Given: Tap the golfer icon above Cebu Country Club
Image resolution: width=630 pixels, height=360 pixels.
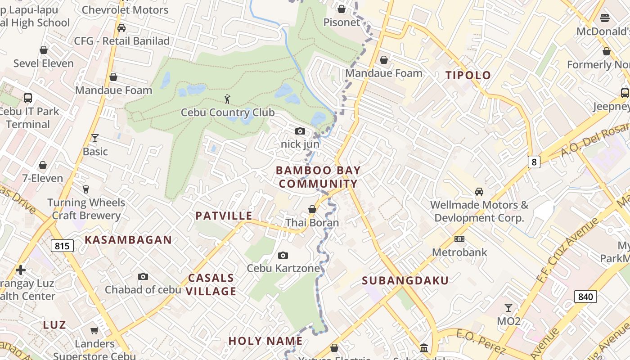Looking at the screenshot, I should point(227,99).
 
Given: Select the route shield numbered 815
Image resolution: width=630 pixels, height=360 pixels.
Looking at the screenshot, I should point(62,246).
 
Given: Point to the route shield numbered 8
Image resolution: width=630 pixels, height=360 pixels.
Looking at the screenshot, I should point(534,162).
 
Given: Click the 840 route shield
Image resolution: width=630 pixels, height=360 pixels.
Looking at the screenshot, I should point(585,296).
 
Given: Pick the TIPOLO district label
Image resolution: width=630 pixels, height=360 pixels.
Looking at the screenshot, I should point(468,75).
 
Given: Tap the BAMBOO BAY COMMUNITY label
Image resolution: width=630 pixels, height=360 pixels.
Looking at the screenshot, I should point(318,177).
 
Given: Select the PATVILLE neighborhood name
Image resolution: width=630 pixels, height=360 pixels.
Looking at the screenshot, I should point(224,216).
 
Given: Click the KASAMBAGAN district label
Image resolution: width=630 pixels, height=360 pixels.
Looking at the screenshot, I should point(128,240).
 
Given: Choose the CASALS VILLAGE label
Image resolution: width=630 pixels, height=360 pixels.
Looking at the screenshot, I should point(211,284).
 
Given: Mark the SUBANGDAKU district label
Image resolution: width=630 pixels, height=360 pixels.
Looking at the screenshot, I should point(405,281).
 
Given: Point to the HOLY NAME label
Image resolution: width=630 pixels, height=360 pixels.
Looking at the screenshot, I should point(265,341).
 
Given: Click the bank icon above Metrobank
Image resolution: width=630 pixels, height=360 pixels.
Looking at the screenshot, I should point(459,239).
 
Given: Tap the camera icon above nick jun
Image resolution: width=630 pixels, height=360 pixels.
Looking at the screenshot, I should point(300,131).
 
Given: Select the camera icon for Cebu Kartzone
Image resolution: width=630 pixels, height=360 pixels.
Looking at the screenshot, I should point(283,255).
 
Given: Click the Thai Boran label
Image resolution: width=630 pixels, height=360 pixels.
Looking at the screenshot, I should point(312,223).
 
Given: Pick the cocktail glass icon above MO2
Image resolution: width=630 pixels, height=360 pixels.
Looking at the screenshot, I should point(508,308).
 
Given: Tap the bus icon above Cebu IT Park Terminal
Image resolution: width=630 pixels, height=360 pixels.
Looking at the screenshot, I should point(28,98).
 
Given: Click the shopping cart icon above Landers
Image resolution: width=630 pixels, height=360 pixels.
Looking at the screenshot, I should point(94,331).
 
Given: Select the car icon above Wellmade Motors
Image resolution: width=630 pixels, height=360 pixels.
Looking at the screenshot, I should point(479,192).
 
